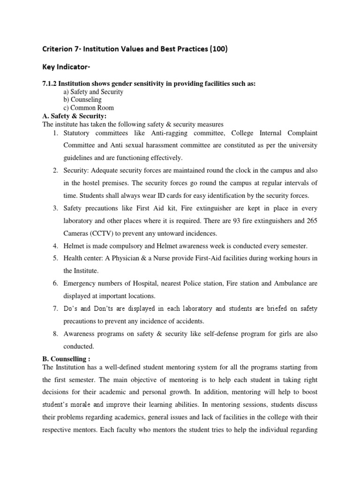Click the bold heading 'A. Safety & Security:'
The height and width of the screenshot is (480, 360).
click(75, 116)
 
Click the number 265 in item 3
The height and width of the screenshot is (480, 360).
click(312, 221)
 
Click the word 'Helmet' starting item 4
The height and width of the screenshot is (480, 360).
click(75, 245)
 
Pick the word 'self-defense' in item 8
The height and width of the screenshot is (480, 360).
click(210, 335)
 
